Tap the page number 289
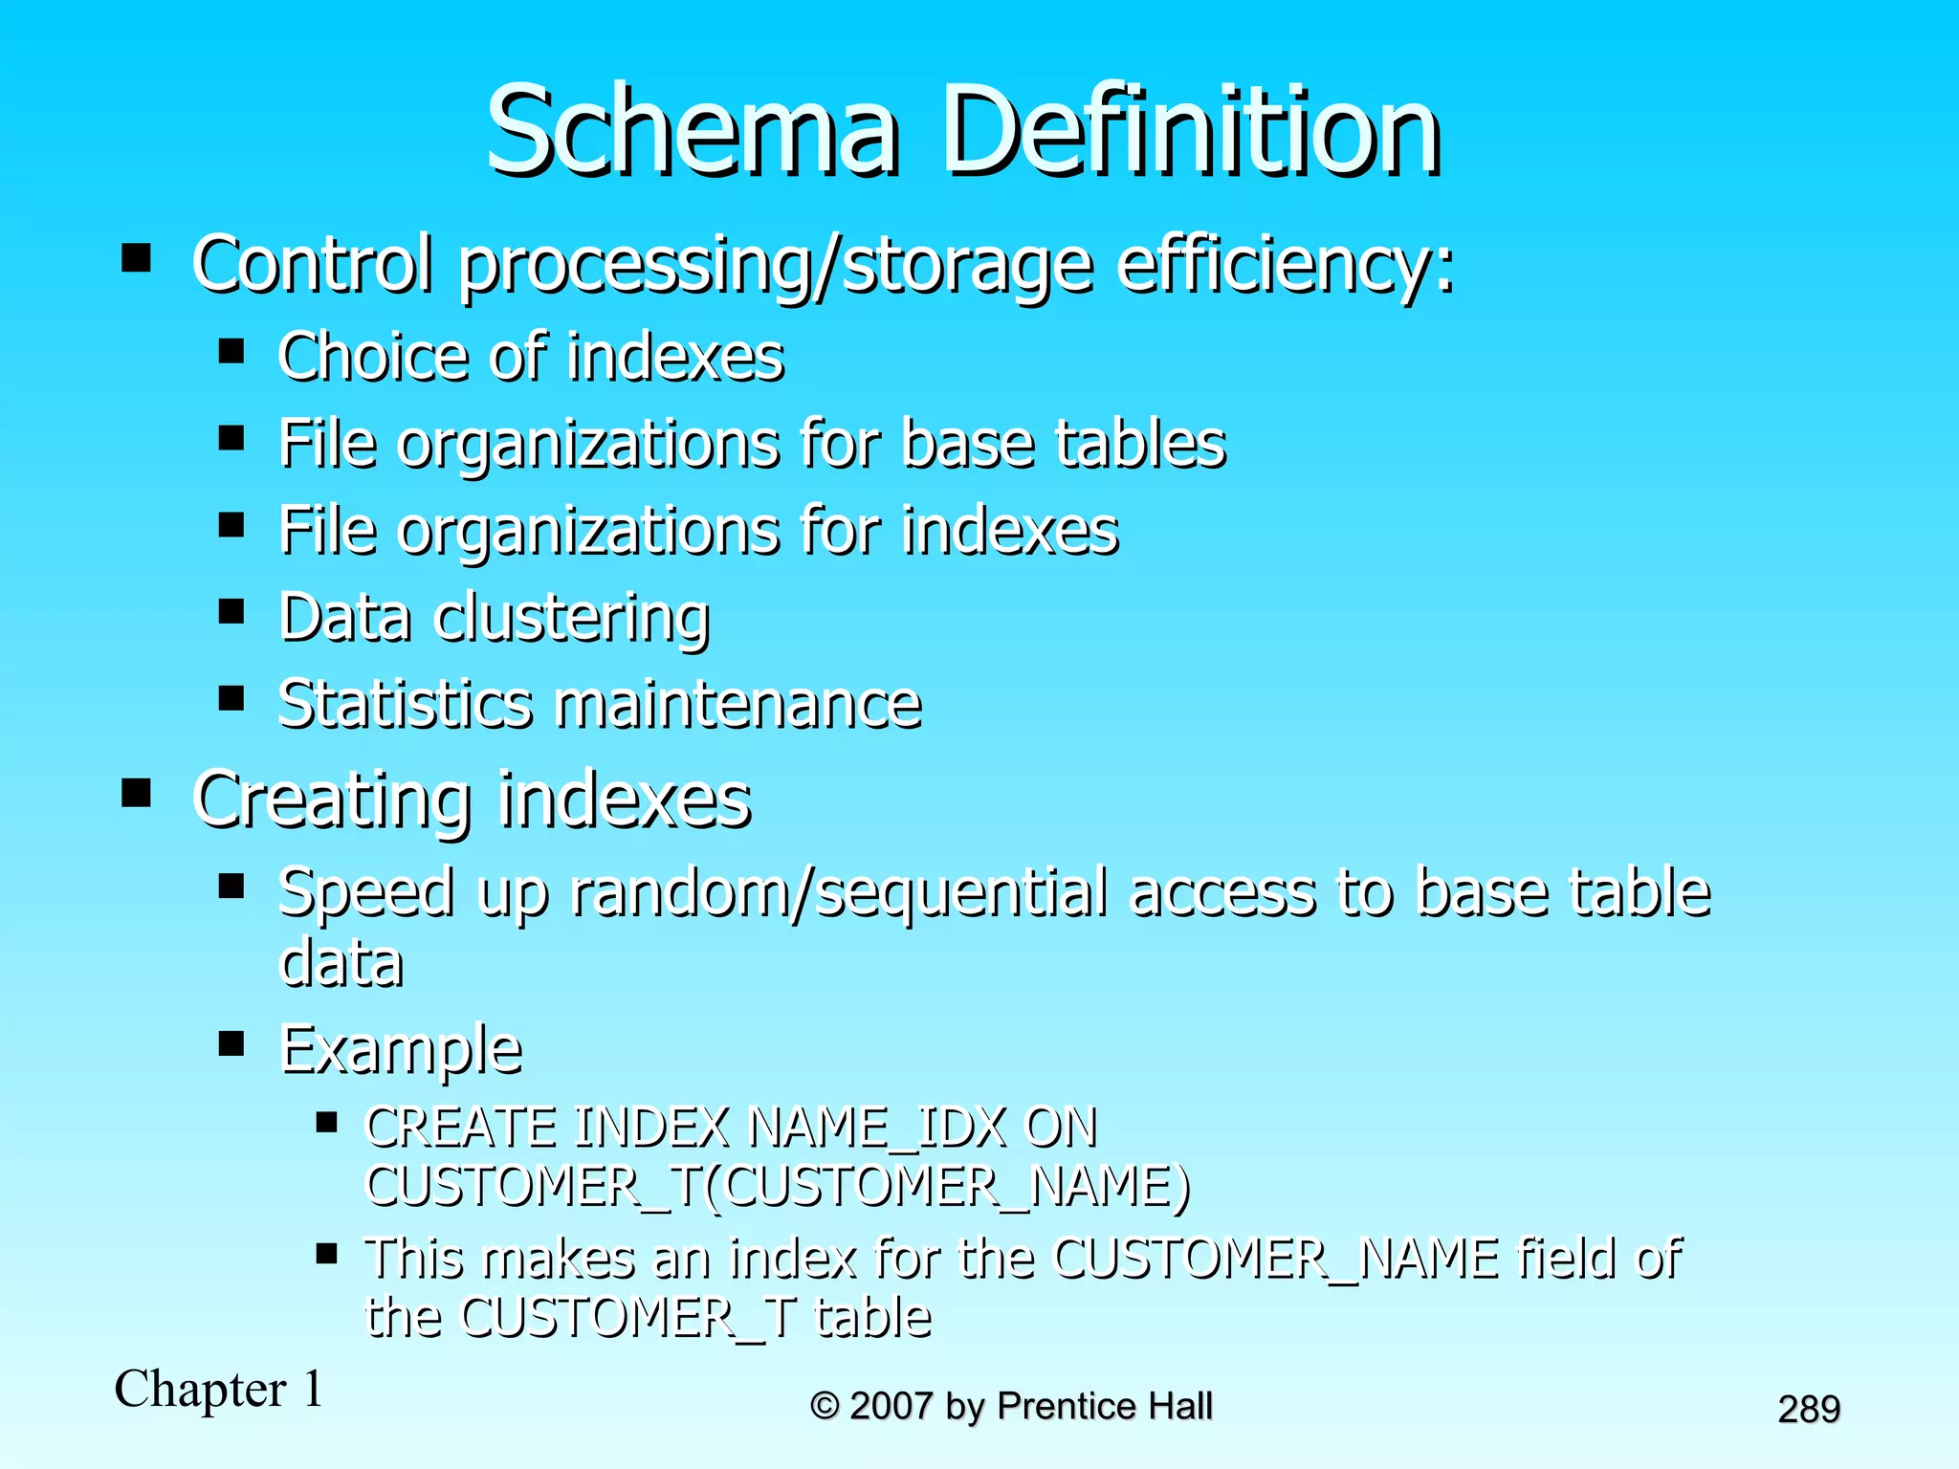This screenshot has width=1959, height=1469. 1809,1409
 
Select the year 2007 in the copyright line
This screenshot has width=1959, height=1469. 891,1406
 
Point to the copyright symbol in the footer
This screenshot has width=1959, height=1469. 825,1406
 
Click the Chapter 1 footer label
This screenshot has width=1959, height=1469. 219,1389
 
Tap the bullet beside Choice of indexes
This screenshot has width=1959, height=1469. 231,351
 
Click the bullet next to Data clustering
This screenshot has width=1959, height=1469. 231,611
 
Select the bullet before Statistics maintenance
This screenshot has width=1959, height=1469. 231,698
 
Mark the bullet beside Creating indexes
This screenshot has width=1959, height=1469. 137,793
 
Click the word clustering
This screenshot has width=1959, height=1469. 571,619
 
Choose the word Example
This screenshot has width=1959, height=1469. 401,1050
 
